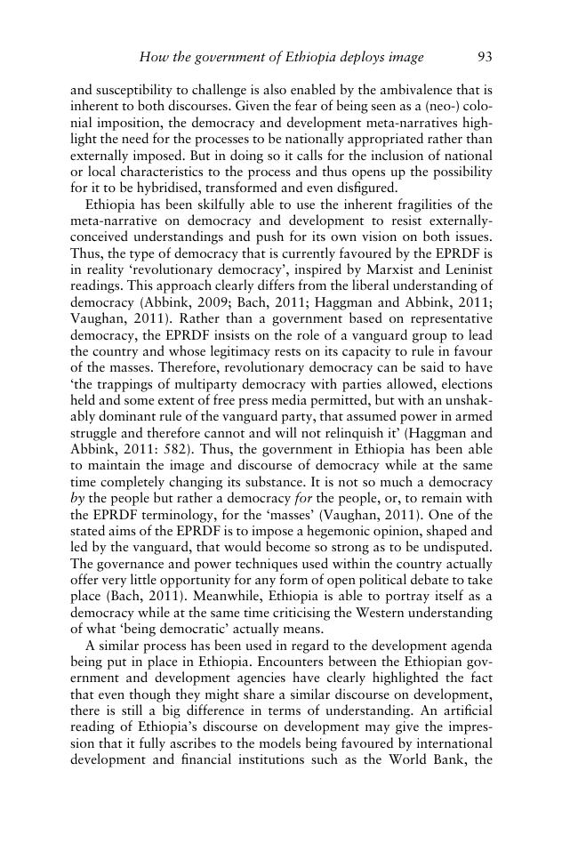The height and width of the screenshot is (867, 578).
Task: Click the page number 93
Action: [485, 58]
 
